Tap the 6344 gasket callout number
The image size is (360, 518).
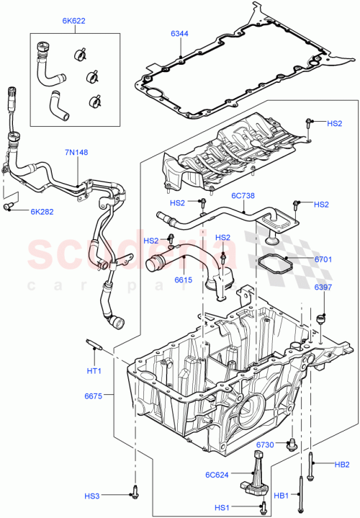[180, 33]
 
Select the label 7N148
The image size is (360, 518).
[77, 153]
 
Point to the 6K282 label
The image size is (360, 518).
[42, 211]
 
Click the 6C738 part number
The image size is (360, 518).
[244, 196]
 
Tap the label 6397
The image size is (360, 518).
[323, 288]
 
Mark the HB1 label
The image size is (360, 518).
[282, 496]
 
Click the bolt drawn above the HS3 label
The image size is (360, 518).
[134, 493]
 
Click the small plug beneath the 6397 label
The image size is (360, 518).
[321, 318]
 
